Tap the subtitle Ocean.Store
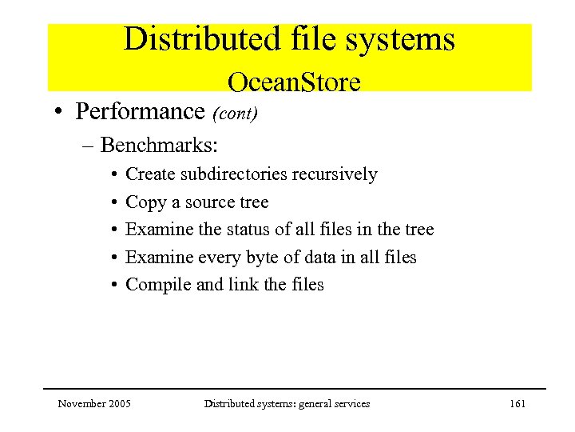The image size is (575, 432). coord(294,82)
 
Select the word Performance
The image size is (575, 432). coord(141,111)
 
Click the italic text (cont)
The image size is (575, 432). coord(235,113)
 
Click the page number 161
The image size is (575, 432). coord(517,404)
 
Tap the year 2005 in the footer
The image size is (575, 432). coord(119,404)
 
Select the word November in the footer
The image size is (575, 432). coord(81,404)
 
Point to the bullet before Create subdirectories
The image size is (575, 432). coord(115,175)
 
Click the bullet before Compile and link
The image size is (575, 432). coord(115,286)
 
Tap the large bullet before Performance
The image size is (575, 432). coord(60,112)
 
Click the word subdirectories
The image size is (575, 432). coord(236,174)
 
